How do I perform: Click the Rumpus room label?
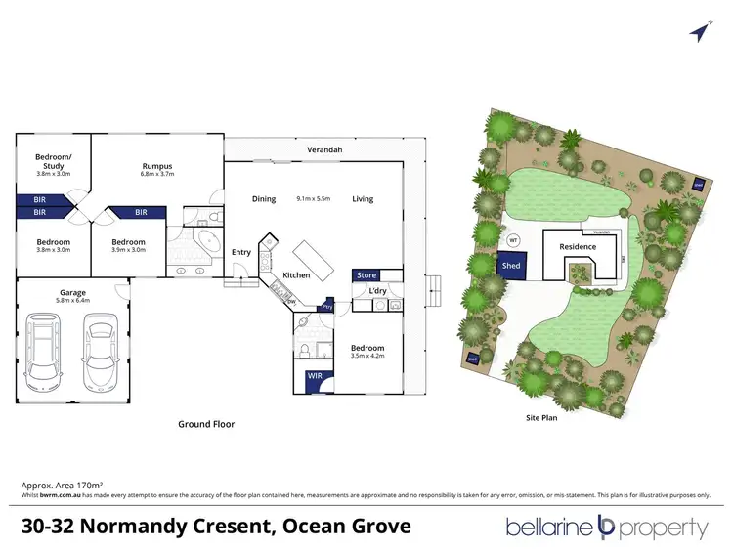157,166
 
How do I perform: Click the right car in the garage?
101,349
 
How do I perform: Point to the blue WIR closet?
316,375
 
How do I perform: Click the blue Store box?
366,275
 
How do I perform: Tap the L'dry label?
377,291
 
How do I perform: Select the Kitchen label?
296,275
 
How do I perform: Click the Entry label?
241,252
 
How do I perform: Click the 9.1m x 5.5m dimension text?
312,199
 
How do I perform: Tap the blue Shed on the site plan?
511,266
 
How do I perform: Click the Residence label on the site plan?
578,248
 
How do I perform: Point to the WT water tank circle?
512,239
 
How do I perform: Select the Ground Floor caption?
206,424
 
